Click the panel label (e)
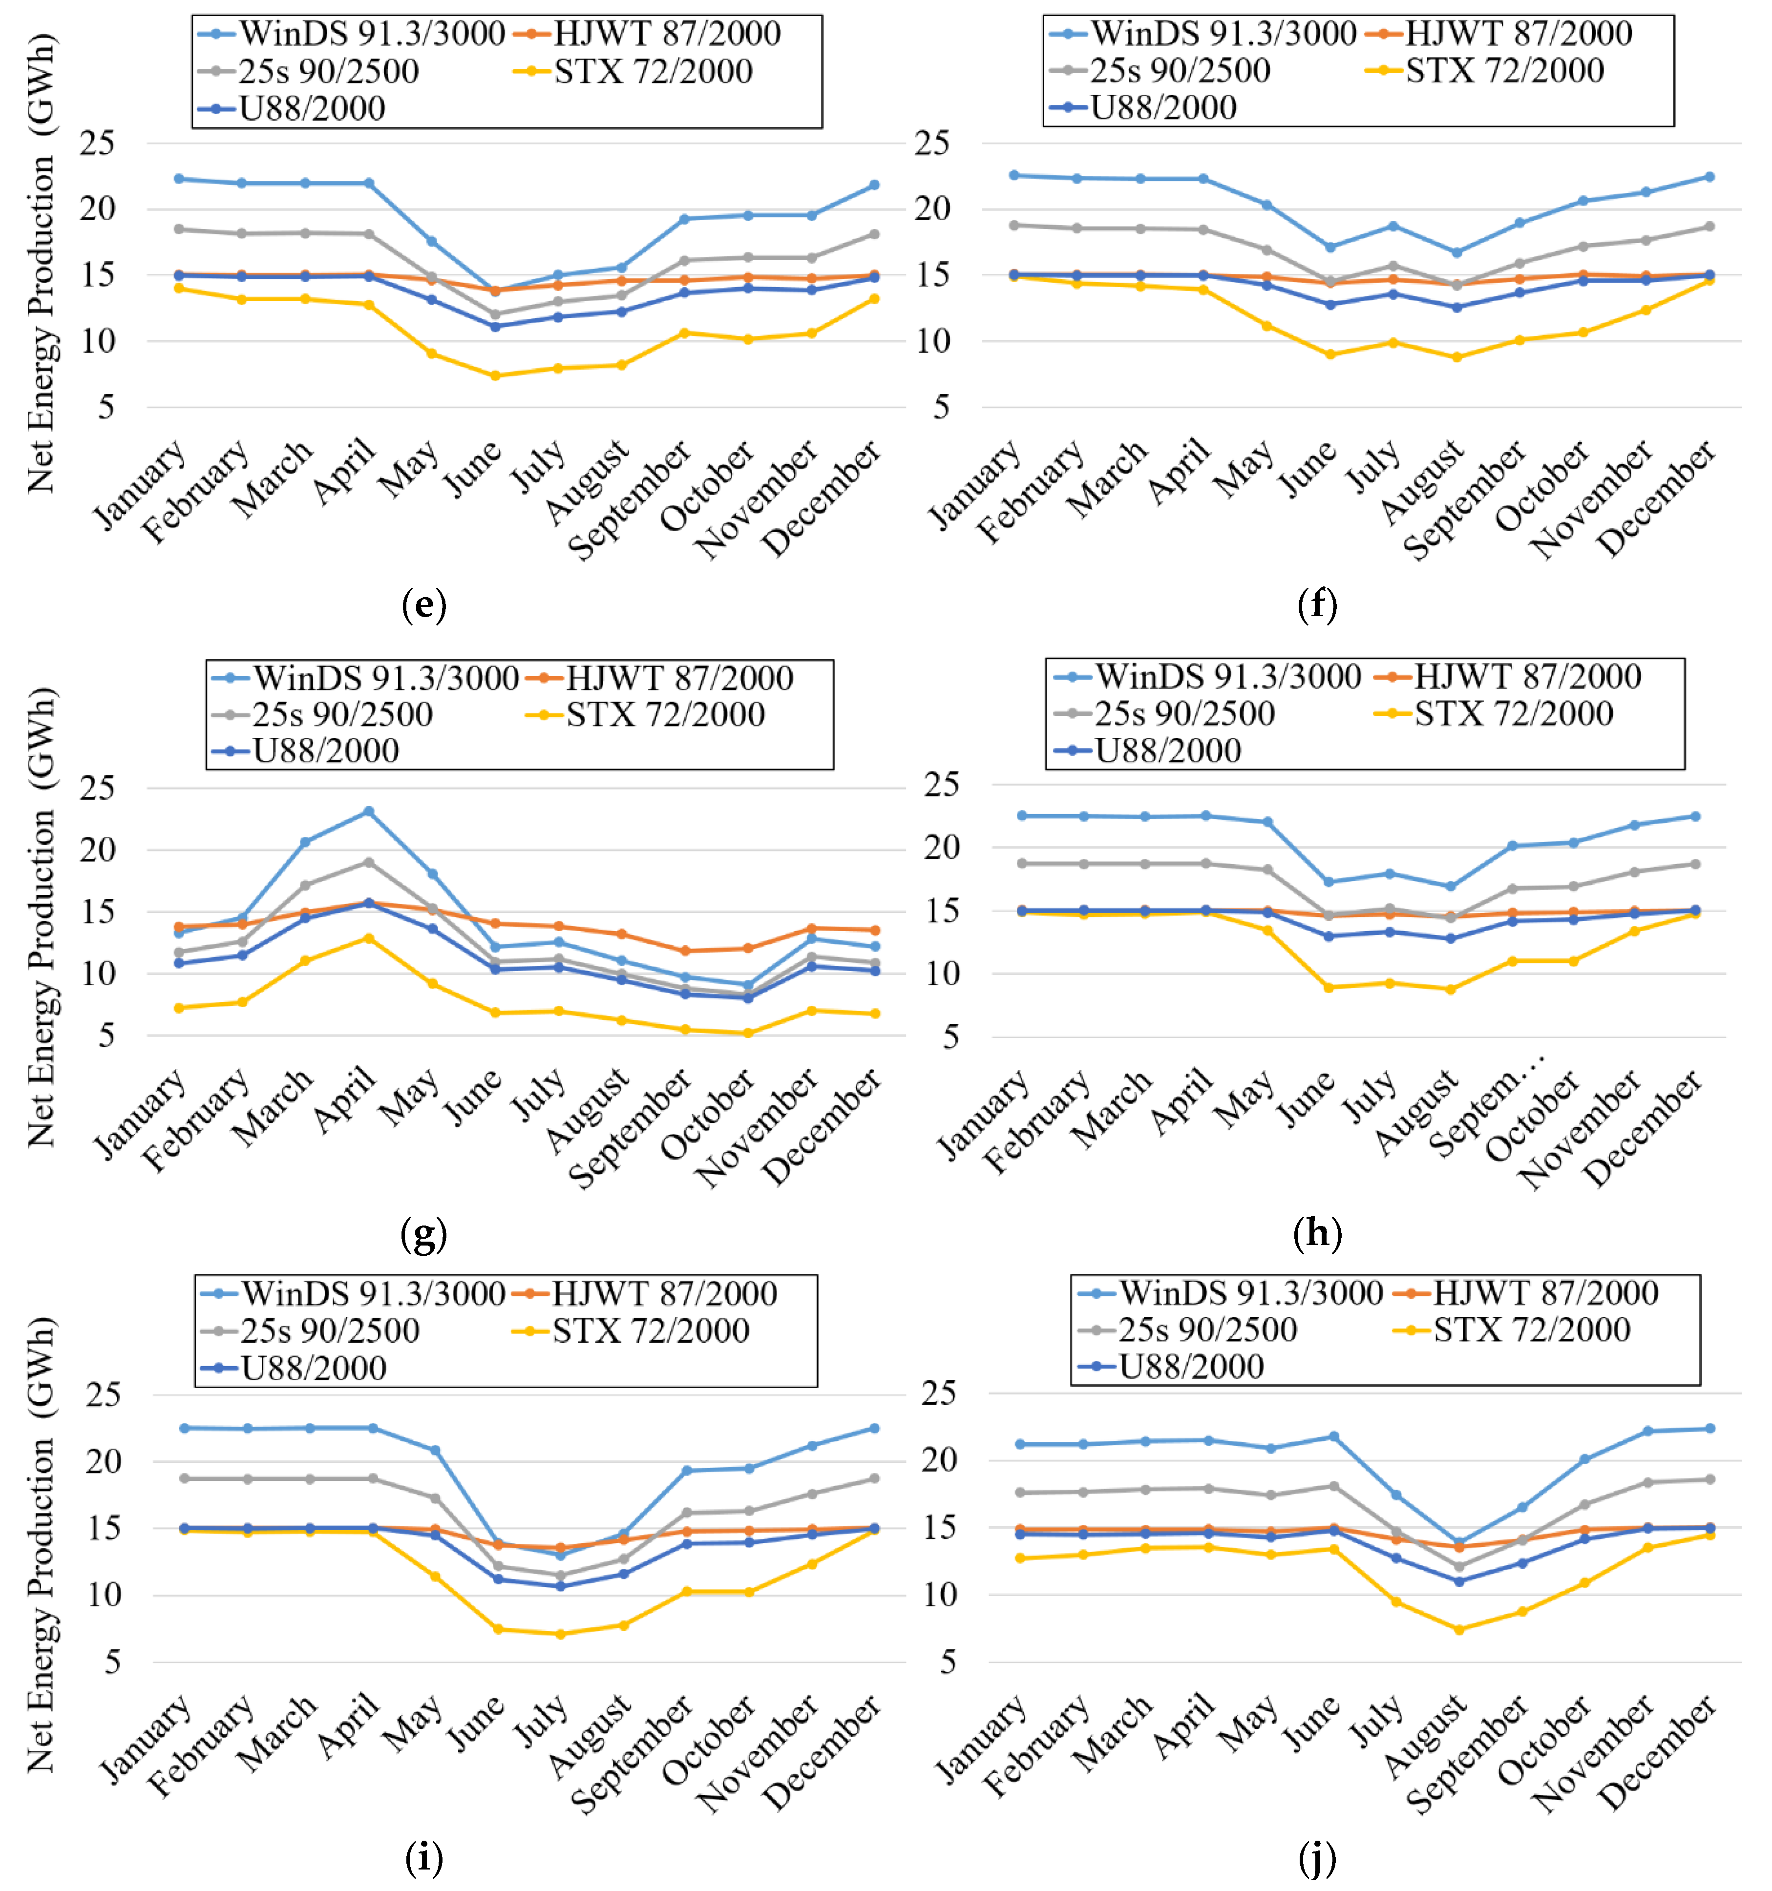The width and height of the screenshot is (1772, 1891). click(423, 605)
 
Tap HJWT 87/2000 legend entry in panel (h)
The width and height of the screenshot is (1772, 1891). click(1504, 676)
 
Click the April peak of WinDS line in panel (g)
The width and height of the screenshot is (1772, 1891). click(368, 811)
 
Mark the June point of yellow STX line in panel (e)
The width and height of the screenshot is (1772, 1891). click(495, 376)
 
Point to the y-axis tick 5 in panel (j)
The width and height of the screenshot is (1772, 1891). click(948, 1662)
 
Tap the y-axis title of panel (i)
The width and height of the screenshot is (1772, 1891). click(40, 1546)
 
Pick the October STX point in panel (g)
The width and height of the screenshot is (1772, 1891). click(747, 1033)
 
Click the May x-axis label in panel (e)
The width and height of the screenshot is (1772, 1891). click(409, 468)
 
